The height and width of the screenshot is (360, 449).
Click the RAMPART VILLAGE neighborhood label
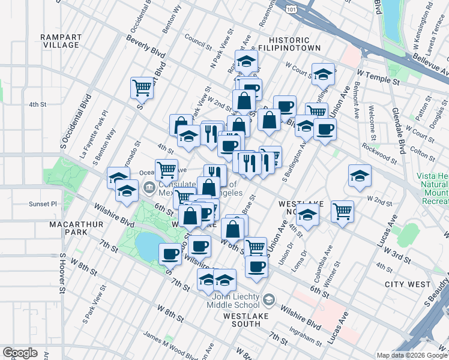(61, 41)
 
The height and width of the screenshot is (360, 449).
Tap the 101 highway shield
(292, 10)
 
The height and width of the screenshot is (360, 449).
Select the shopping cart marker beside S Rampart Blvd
(142, 88)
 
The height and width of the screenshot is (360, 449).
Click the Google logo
(20, 353)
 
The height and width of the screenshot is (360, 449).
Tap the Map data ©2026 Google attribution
(411, 355)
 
